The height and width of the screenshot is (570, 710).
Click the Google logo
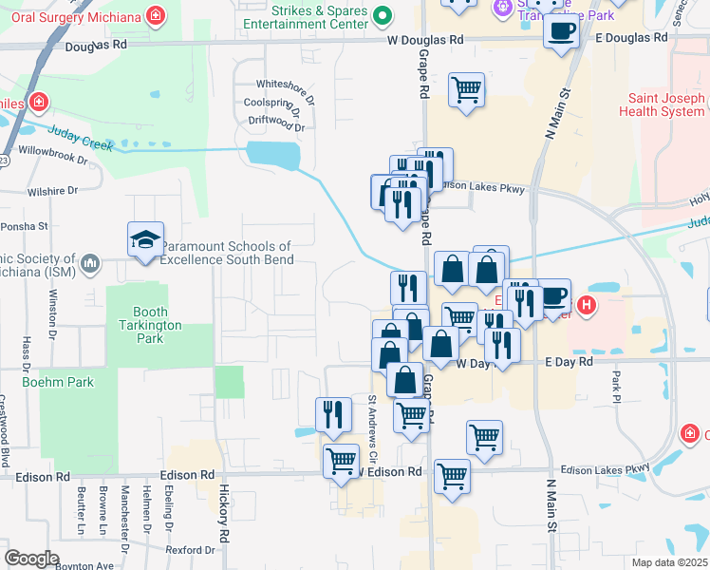[x=31, y=559]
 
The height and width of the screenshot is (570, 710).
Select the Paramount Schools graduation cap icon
[x=146, y=241]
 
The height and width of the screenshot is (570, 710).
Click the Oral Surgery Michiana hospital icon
[x=155, y=14]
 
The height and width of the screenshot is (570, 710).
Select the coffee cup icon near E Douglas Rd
[x=560, y=31]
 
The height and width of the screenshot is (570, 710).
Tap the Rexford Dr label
[x=190, y=550]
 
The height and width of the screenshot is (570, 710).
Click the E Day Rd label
[x=569, y=362]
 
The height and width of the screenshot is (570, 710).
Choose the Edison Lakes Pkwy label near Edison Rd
[x=605, y=468]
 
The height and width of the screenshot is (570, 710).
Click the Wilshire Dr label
[x=52, y=191]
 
